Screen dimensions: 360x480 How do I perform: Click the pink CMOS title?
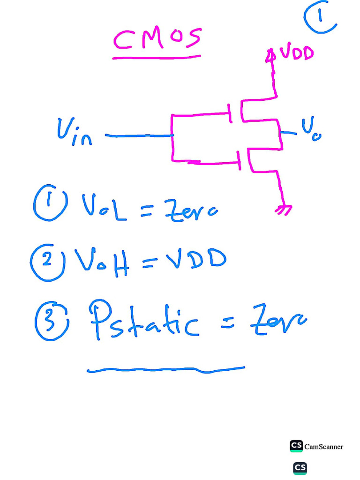pyautogui.click(x=157, y=40)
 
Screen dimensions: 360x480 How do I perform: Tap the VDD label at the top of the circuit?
pyautogui.click(x=296, y=53)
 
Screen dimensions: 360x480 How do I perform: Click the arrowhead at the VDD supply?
pyautogui.click(x=270, y=56)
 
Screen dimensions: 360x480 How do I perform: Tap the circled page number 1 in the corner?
pyautogui.click(x=320, y=17)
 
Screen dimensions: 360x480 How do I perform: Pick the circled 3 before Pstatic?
pyautogui.click(x=52, y=321)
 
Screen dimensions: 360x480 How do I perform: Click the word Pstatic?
pyautogui.click(x=143, y=321)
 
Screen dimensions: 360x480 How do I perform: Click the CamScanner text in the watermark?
pyautogui.click(x=323, y=447)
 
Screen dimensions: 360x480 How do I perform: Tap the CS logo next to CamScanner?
pyautogui.click(x=296, y=446)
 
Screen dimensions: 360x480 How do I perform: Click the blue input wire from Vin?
pyautogui.click(x=139, y=135)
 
